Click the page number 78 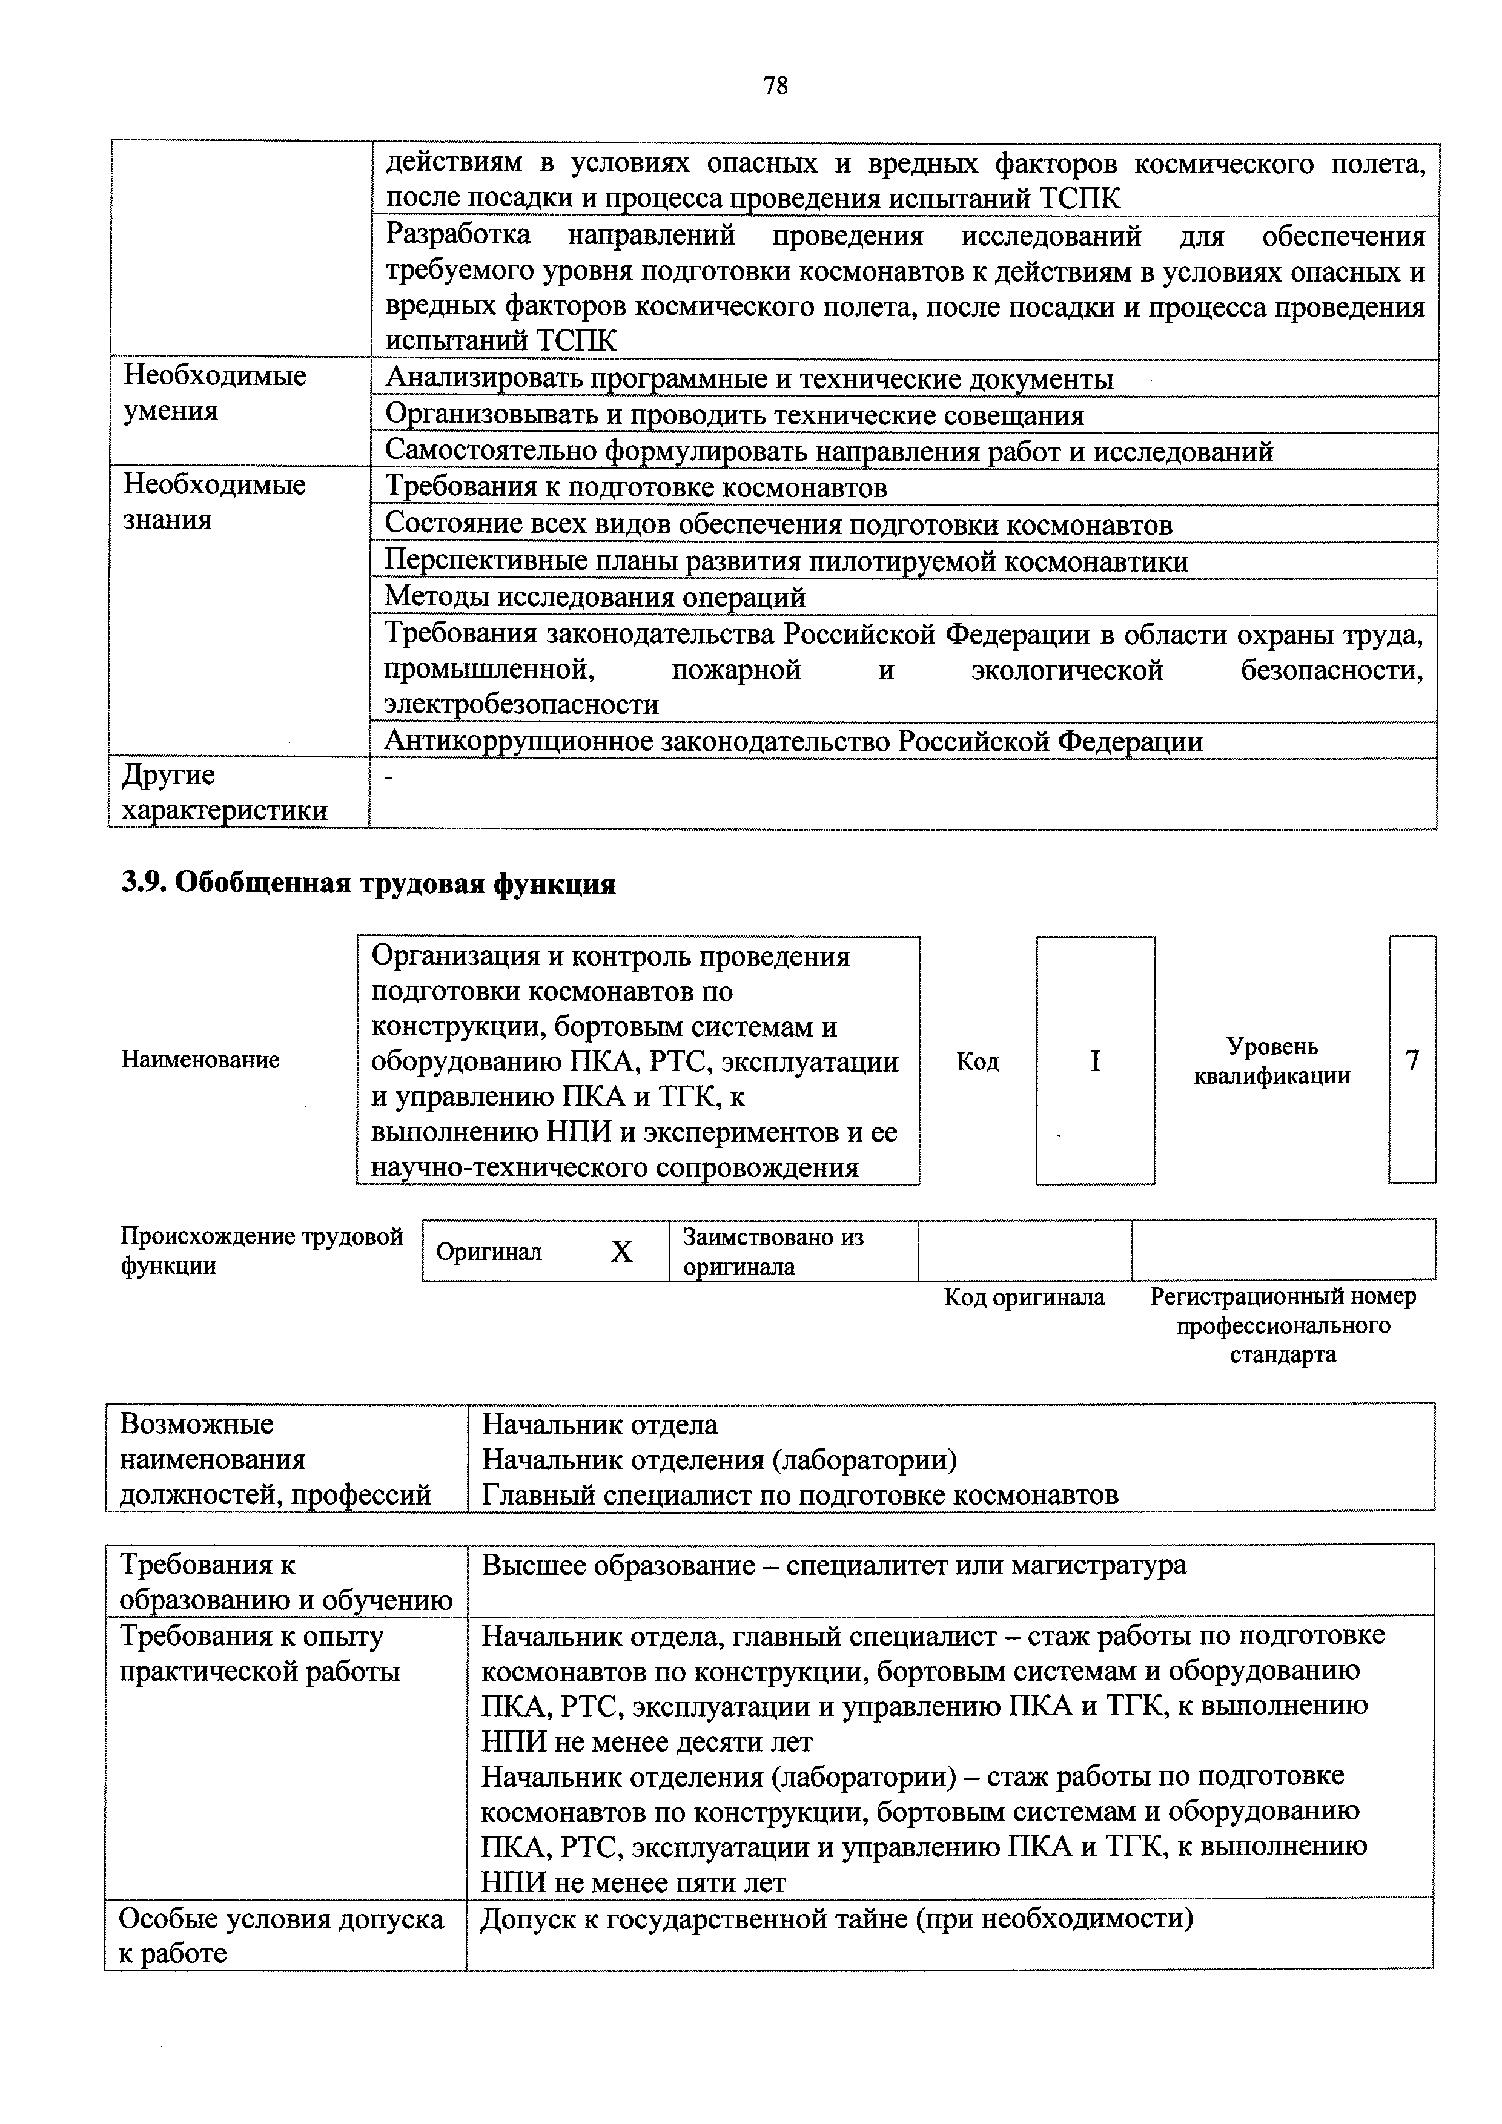coord(775,86)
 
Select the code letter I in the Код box coord(1095,1061)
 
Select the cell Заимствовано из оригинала coord(773,1251)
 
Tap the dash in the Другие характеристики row coord(389,779)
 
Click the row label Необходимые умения coord(215,393)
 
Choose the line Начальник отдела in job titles coord(600,1425)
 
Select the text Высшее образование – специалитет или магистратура coord(833,1565)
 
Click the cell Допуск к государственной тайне coord(836,1919)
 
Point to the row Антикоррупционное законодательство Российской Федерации coord(793,741)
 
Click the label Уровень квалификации coord(1272,1061)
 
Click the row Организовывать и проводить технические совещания coord(734,415)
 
